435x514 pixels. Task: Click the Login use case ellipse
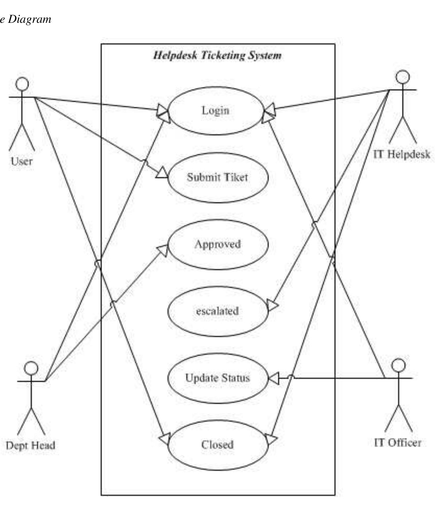click(x=215, y=111)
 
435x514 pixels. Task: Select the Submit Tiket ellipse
click(x=218, y=177)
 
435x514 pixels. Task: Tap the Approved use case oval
click(x=218, y=244)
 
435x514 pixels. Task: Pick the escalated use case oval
click(x=218, y=311)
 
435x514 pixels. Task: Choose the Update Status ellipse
click(x=218, y=378)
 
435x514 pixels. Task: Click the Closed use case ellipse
click(x=218, y=445)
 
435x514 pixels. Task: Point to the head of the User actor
click(x=22, y=84)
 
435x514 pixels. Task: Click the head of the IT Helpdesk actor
click(x=402, y=77)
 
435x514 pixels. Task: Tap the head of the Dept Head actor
click(x=31, y=368)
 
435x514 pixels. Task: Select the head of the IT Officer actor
click(x=398, y=365)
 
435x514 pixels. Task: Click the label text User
click(x=22, y=161)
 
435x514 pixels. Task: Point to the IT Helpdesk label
click(x=402, y=154)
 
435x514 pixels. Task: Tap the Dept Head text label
click(x=31, y=445)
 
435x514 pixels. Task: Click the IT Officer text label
click(x=398, y=443)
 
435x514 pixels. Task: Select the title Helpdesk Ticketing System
click(x=217, y=55)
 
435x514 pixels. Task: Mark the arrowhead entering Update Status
click(x=274, y=378)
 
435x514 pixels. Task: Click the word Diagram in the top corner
click(x=29, y=19)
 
